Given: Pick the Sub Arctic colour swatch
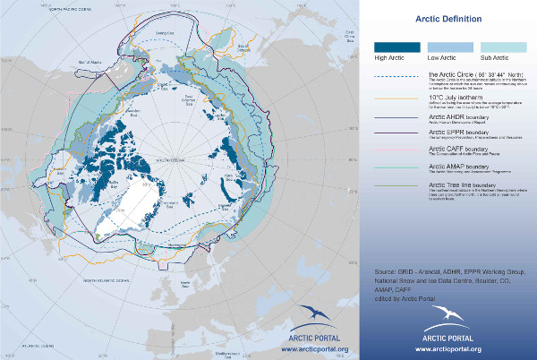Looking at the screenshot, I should click(x=498, y=47).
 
